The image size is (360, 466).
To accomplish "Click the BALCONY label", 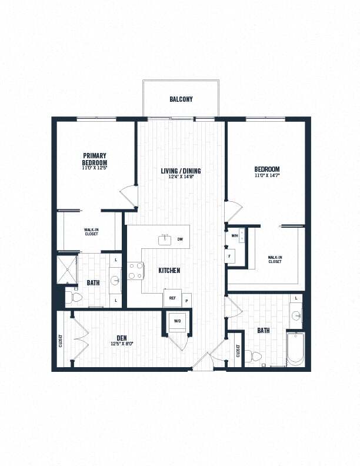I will [x=181, y=99].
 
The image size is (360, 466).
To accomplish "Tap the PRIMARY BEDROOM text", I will [x=94, y=159].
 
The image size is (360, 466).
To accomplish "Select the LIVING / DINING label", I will [x=181, y=171].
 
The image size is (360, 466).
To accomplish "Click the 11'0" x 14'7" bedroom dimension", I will [x=267, y=175].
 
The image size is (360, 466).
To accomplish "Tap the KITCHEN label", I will [x=169, y=271].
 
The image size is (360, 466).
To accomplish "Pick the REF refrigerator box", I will [x=173, y=298].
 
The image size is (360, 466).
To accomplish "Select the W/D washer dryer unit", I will [x=178, y=322].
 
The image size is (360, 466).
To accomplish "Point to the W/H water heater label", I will [x=235, y=236].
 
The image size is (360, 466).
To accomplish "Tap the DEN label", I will [x=122, y=337].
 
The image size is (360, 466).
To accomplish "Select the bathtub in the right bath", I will [x=295, y=349].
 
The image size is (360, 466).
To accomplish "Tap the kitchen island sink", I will [x=165, y=239].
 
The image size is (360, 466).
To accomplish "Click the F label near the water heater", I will [x=230, y=256].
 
